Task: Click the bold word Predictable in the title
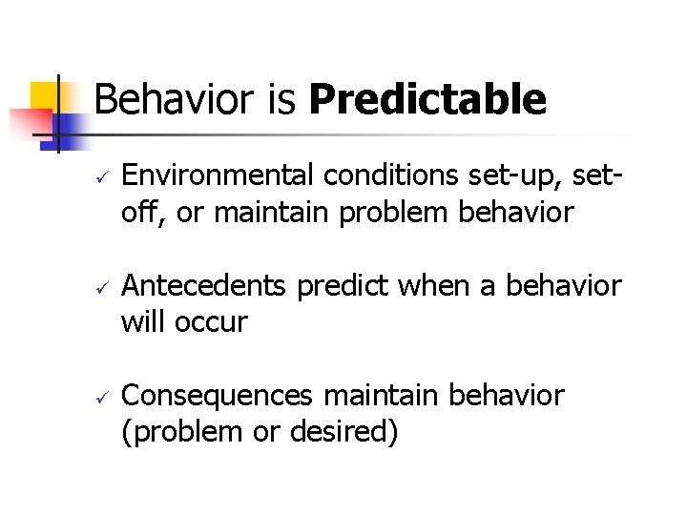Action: [x=427, y=100]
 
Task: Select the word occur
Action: [x=211, y=322]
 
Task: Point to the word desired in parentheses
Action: [x=345, y=432]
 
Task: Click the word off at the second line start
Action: [x=138, y=214]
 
